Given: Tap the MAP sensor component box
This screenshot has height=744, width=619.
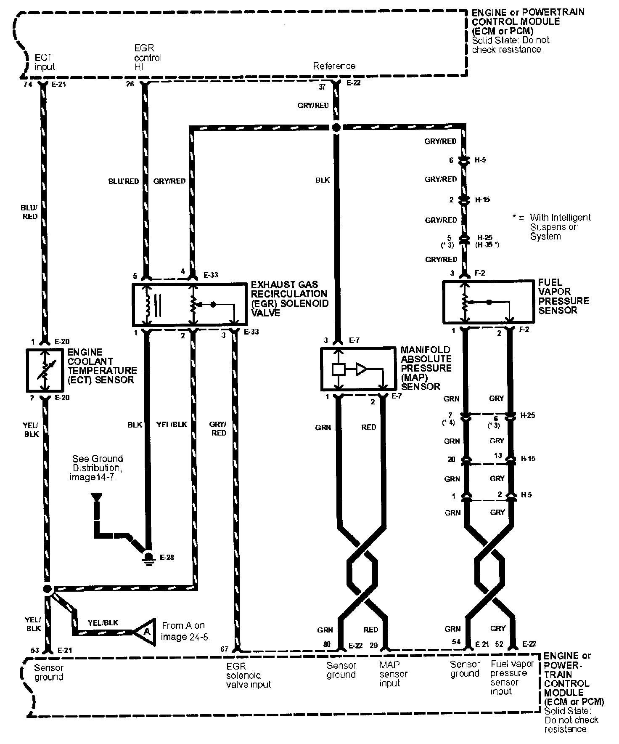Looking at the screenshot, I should (358, 369).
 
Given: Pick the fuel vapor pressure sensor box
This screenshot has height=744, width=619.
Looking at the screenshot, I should (487, 302).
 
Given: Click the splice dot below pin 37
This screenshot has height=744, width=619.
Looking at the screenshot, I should (336, 127).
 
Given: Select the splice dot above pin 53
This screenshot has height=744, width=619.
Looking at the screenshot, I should (48, 589).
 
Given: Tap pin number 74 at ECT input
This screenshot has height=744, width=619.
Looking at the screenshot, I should (29, 84).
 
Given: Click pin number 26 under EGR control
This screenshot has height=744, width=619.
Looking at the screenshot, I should (130, 84).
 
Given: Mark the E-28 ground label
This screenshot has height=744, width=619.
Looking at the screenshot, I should (167, 558).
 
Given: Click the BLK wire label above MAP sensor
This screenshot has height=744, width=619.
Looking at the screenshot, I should (323, 180).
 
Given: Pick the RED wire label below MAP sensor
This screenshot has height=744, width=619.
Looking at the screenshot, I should (369, 427).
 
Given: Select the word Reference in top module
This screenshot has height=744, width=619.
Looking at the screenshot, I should (334, 66).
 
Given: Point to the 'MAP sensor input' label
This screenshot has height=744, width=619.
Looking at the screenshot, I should (393, 674).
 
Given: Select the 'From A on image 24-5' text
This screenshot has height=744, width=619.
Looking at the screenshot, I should (185, 631).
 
